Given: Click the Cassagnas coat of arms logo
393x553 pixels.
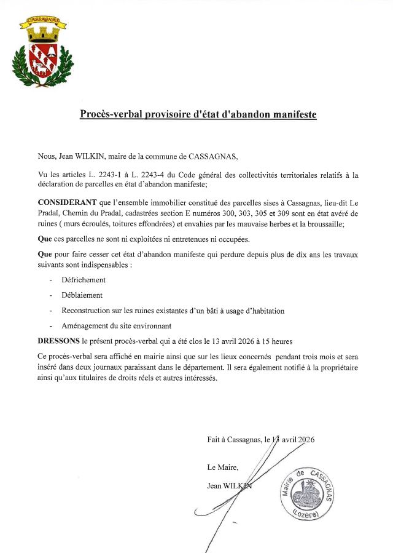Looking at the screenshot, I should point(40,52).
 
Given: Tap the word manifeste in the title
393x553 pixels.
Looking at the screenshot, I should point(290,114).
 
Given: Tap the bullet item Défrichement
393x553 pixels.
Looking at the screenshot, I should point(84,280).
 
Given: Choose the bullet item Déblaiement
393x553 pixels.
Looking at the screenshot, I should point(82,295).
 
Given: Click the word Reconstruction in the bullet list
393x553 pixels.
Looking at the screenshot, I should point(88,311).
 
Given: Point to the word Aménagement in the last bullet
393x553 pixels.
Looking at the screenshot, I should point(85,326).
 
